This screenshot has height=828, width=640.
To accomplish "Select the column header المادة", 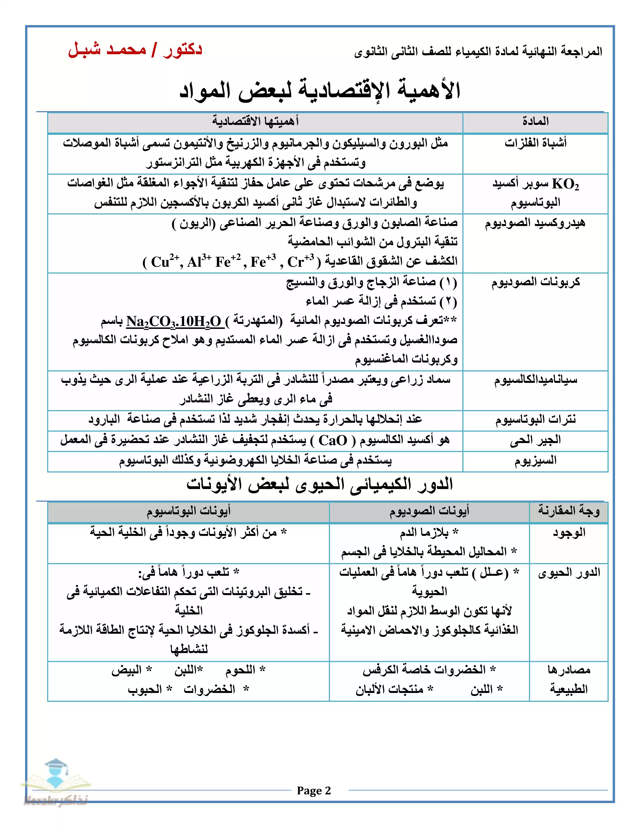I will [535, 122].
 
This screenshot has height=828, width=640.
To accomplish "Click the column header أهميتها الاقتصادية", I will [255, 122].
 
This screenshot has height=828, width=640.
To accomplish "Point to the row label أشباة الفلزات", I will [535, 143].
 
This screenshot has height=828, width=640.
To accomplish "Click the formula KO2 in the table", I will [565, 184].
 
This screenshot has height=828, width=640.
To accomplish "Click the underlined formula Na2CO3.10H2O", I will [174, 321].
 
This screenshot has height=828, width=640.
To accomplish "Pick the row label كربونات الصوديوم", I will [535, 282].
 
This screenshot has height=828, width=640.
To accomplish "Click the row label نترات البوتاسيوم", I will [535, 419].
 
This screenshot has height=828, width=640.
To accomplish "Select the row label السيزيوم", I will [535, 461].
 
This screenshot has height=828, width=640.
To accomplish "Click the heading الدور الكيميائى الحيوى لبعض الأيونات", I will [319, 485].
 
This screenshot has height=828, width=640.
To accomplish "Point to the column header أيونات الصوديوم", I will [429, 511].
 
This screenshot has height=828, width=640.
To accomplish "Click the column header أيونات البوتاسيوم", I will [188, 511].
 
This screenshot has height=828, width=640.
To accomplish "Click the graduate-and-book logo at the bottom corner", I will [56, 779].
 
